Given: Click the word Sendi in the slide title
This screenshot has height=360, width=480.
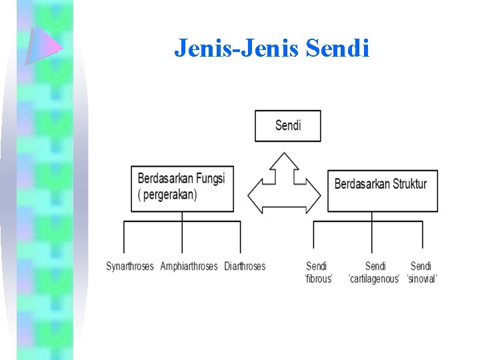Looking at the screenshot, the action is click(338, 48).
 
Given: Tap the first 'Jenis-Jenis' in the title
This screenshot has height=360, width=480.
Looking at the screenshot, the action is click(207, 48).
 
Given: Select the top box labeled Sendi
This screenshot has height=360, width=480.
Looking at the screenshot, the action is click(287, 126).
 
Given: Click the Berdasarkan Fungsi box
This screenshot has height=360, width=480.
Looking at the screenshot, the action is click(182, 189).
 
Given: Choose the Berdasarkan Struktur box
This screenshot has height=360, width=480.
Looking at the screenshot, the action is click(382, 190).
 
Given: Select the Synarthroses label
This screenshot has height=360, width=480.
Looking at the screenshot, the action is click(130, 266).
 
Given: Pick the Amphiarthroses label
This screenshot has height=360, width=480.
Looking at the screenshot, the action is click(189, 266).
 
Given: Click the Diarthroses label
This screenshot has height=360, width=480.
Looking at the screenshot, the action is click(245, 266).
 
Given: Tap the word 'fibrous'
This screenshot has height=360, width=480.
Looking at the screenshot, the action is click(318, 279).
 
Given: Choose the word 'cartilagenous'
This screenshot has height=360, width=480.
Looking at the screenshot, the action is click(374, 279).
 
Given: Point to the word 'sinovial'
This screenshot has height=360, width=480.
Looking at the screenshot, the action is click(421, 279).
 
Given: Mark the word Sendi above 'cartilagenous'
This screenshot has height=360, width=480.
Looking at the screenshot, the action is click(375, 266).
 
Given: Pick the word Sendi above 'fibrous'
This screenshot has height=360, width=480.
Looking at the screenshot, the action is click(317, 266).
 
